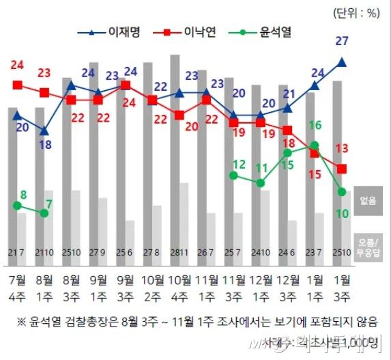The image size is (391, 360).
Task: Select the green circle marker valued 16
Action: pyautogui.click(x=315, y=145)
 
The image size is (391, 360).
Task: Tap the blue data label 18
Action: pyautogui.click(x=45, y=144)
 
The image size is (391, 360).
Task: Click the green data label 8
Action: pyautogui.click(x=23, y=195)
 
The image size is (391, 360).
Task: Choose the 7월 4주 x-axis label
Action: pyautogui.click(x=18, y=287)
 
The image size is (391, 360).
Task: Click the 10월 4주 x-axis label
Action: pyautogui.click(x=179, y=287)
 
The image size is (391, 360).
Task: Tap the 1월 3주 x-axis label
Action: pyautogui.click(x=342, y=287)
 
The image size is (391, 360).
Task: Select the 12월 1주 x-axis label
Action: pyautogui.click(x=260, y=287)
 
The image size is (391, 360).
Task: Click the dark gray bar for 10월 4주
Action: pyautogui.click(x=175, y=137)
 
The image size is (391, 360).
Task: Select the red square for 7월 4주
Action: pyautogui.click(x=18, y=85)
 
